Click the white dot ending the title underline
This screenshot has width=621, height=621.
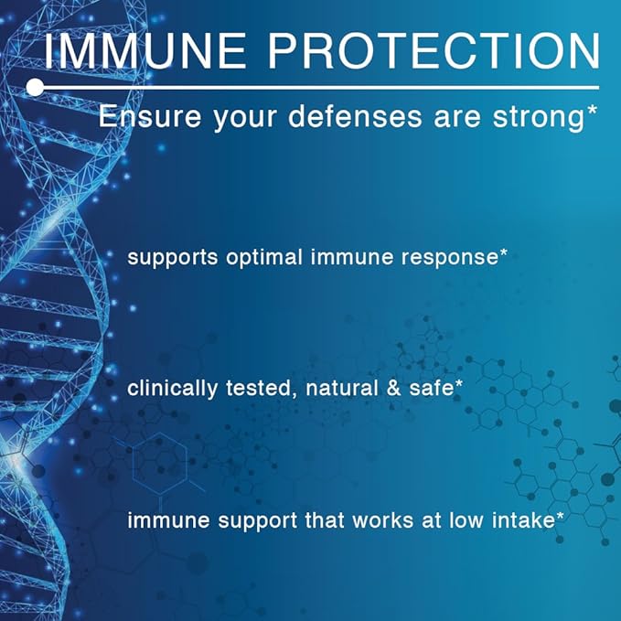pos(35,87)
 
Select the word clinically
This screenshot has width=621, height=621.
pos(171,389)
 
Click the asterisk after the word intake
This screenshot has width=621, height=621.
pos(560,515)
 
